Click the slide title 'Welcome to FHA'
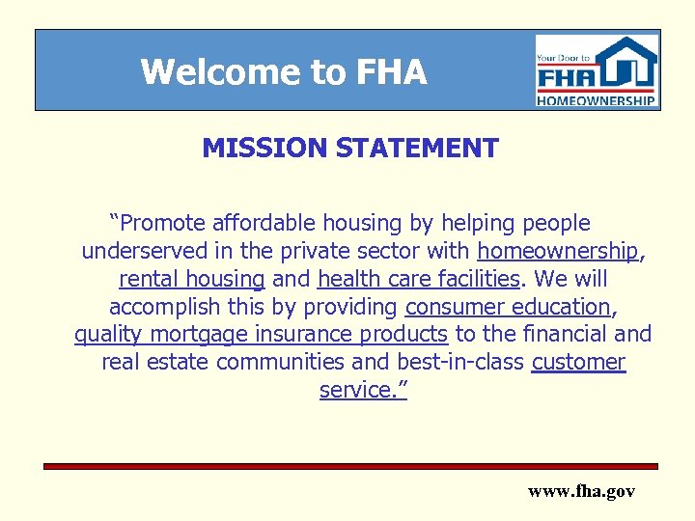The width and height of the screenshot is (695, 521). (x=283, y=72)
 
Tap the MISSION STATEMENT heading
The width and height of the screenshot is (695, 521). (x=349, y=149)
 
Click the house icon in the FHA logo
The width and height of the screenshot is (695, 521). (x=629, y=64)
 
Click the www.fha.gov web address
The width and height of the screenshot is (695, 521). (x=581, y=492)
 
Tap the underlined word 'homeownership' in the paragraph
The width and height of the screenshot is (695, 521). (x=558, y=252)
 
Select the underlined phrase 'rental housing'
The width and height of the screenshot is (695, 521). (x=191, y=280)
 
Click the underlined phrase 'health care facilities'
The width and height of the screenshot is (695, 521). (x=417, y=280)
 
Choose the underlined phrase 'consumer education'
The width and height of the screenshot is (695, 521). (x=507, y=308)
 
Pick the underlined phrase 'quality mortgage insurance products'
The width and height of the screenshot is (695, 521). (x=261, y=335)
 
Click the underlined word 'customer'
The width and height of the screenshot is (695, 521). (x=578, y=363)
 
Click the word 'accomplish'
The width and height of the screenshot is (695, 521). (x=157, y=308)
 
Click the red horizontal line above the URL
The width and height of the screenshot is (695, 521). (x=349, y=466)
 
